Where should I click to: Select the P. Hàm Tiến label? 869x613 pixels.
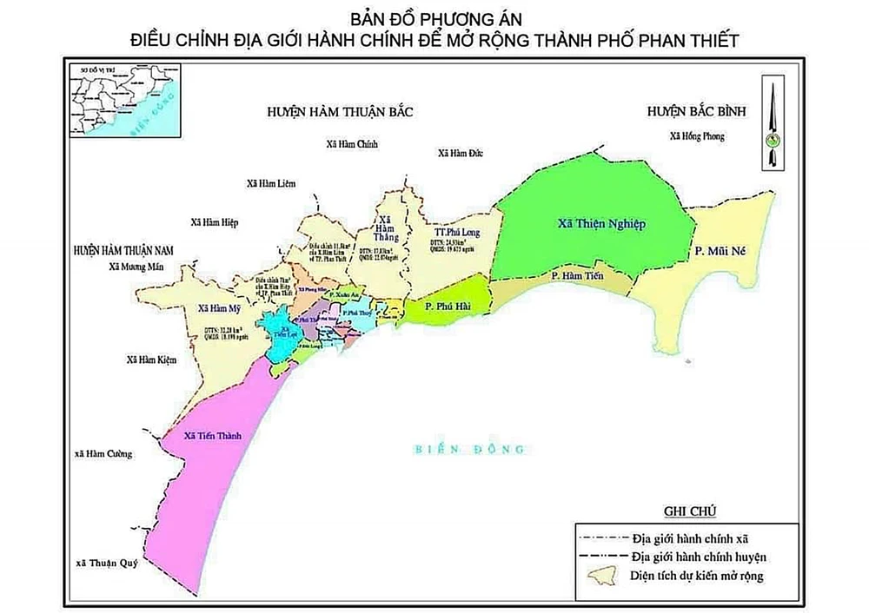pos(574,275)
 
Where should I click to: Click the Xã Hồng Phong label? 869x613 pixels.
pos(696,136)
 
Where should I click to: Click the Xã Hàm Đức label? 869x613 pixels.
pos(460,154)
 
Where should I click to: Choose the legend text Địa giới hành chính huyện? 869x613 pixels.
pos(700,554)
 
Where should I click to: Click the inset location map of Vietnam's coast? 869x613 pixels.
pos(124,109)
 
